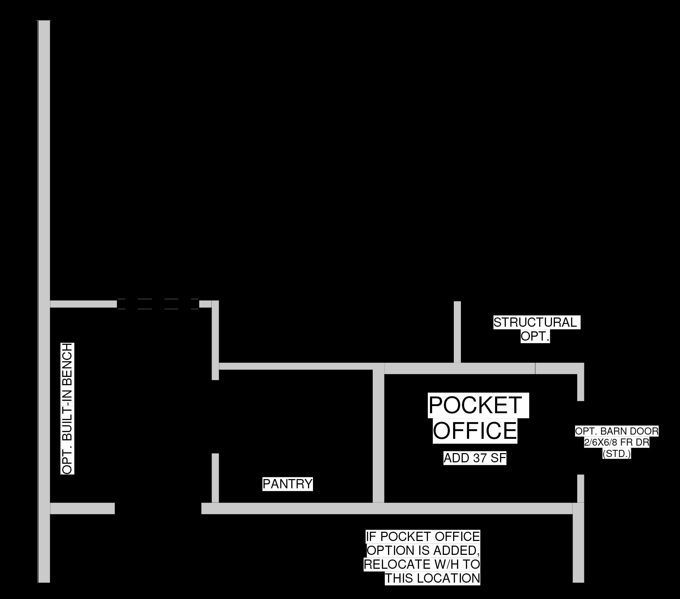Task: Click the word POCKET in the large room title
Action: (475, 405)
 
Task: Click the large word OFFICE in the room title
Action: (475, 430)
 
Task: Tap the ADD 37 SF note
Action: (475, 458)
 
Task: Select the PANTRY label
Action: (287, 484)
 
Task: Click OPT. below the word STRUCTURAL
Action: (535, 336)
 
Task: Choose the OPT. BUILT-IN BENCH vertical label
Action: (67, 409)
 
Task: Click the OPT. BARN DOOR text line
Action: (617, 431)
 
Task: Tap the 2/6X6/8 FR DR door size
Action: (617, 443)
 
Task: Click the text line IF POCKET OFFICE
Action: (423, 537)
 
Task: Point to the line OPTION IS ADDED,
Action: (423, 551)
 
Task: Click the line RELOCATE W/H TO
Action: (422, 564)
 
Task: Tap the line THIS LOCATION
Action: (432, 578)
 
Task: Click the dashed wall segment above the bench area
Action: (158, 304)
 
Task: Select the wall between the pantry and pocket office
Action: (378, 434)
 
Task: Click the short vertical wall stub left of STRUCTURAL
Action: (457, 332)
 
